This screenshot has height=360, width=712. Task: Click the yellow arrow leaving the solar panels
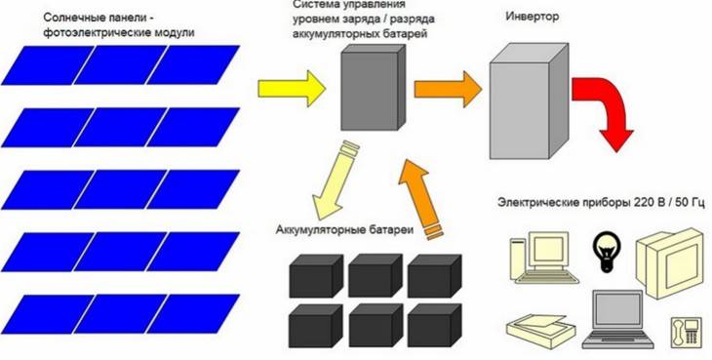pyautogui.click(x=289, y=88)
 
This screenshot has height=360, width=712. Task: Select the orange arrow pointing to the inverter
pyautogui.click(x=444, y=90)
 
